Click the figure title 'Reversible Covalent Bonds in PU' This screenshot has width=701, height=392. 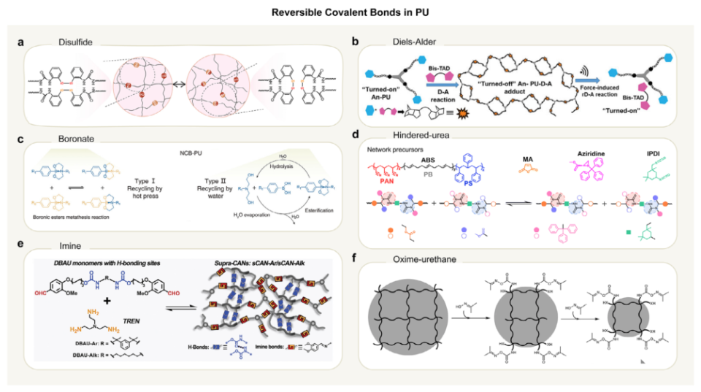[350, 12]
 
